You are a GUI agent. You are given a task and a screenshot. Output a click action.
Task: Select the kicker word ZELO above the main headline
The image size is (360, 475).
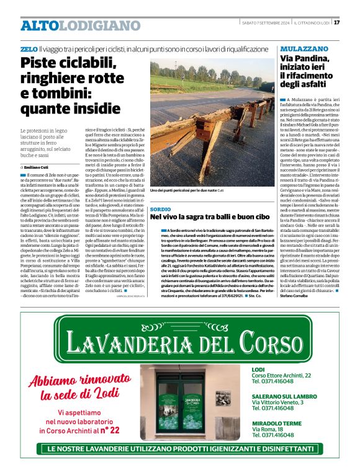[x=29, y=48]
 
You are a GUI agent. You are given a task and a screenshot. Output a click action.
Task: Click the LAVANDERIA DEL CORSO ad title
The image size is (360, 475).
[x=179, y=339]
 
